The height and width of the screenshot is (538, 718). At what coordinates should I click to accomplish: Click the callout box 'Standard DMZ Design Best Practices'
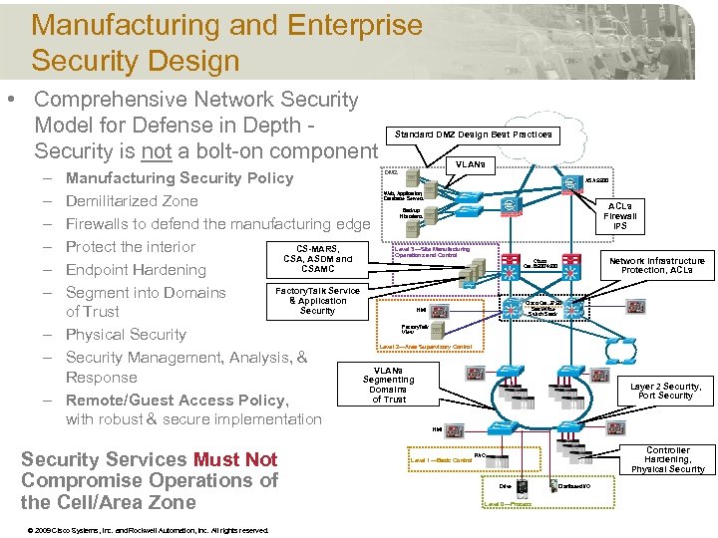coord(473,134)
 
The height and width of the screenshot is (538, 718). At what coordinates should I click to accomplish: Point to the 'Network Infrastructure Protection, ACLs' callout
coord(656,265)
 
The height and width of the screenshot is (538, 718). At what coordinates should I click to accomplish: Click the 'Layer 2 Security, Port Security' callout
coord(665,391)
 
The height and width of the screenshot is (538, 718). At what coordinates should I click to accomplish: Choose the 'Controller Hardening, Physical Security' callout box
coord(667,459)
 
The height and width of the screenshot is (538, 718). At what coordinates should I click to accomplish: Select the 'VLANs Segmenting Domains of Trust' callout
coord(388,384)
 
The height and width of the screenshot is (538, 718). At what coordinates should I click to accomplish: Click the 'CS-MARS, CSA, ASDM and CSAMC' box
coord(317,258)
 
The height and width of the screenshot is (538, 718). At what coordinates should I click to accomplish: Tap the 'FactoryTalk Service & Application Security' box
coord(317,300)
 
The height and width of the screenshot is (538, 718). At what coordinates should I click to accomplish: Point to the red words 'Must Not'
coord(235,459)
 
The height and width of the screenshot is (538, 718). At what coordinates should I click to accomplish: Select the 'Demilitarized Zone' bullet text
coord(131,201)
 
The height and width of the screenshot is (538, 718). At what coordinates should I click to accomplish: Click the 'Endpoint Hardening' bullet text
coord(135,270)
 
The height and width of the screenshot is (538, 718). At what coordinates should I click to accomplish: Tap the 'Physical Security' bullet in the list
coord(126,335)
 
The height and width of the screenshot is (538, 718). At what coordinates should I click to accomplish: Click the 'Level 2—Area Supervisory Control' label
coord(426,347)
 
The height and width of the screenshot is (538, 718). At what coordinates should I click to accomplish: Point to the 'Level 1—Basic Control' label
coord(442,460)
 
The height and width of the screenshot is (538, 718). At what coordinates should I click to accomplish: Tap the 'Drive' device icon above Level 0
coord(506,486)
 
